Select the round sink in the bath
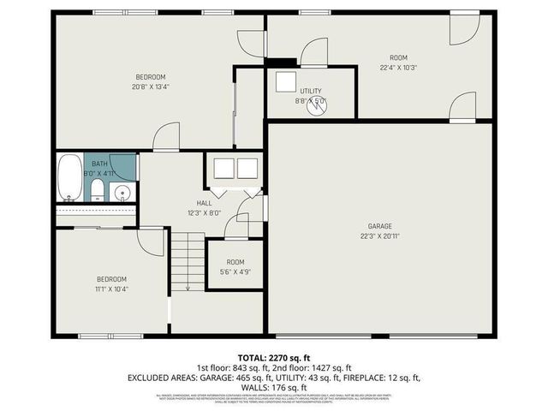click(x=122, y=192)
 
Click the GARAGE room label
click(x=379, y=227)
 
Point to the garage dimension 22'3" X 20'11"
click(x=379, y=236)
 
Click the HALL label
click(x=205, y=203)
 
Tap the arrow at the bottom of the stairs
click(x=188, y=288)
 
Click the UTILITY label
click(x=310, y=90)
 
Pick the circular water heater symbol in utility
click(x=319, y=105)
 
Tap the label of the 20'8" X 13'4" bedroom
click(x=149, y=77)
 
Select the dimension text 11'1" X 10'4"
click(x=111, y=289)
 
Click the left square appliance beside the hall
click(x=224, y=168)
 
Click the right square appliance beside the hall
click(x=247, y=168)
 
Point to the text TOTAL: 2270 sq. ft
click(x=273, y=355)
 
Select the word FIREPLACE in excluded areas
click(x=362, y=378)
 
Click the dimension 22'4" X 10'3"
click(x=398, y=68)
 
